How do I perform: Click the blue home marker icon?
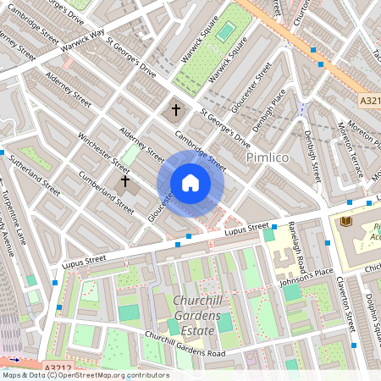(190, 183)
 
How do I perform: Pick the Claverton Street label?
(346, 305)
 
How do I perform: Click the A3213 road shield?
(370, 102)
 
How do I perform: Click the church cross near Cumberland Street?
(125, 179)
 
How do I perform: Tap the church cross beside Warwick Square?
(177, 109)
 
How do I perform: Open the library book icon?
(345, 221)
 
